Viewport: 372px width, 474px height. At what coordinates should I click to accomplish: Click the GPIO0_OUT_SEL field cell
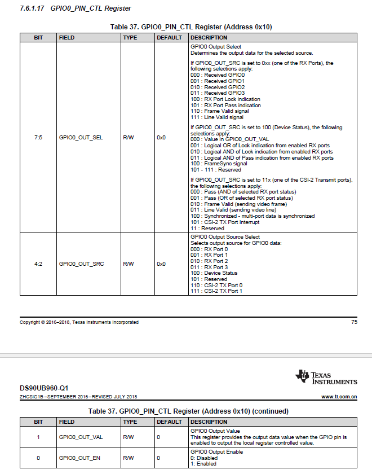(x=81, y=137)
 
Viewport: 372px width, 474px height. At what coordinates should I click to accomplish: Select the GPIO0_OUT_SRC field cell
(x=81, y=264)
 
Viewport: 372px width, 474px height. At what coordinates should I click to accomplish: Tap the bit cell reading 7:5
(x=38, y=137)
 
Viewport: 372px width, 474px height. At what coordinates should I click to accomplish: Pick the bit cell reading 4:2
(x=38, y=264)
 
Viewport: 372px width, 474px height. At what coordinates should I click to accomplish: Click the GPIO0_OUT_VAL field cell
(x=81, y=437)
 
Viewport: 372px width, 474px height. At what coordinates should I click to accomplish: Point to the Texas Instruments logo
(x=326, y=377)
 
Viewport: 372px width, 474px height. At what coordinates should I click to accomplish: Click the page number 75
(x=354, y=322)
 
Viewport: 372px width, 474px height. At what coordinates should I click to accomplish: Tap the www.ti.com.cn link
(x=339, y=397)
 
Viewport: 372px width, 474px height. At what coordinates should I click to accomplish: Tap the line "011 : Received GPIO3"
(x=218, y=93)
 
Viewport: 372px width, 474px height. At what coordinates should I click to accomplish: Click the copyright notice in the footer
(x=79, y=322)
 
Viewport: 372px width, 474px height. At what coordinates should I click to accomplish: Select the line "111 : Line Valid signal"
(x=217, y=117)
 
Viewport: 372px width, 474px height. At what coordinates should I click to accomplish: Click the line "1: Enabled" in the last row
(x=203, y=463)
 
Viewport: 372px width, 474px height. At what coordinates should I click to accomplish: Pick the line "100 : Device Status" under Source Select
(x=214, y=273)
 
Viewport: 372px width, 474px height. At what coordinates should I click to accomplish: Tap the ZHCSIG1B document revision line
(x=78, y=397)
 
